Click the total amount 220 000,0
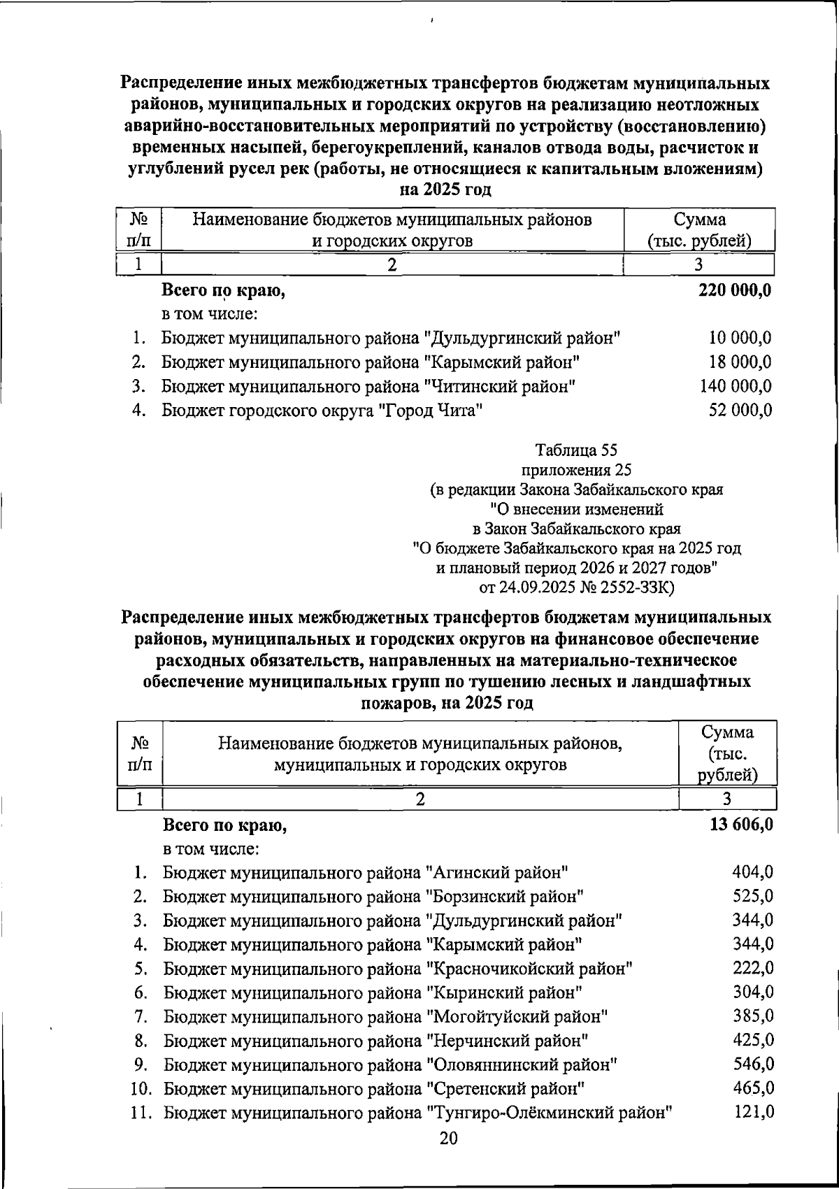[x=735, y=290]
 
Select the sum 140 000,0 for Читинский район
[x=736, y=386]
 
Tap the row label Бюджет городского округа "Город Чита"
[x=323, y=411]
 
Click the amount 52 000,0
[x=740, y=411]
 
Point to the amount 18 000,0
[x=740, y=362]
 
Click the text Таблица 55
[x=576, y=449]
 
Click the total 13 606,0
[x=741, y=825]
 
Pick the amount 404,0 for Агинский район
[x=753, y=872]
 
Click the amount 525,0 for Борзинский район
[x=753, y=896]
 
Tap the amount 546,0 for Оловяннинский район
[x=753, y=1065]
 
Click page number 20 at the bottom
[x=448, y=1139]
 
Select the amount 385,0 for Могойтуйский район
[x=753, y=1016]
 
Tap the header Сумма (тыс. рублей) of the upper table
[x=699, y=230]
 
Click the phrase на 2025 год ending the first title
[x=445, y=190]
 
